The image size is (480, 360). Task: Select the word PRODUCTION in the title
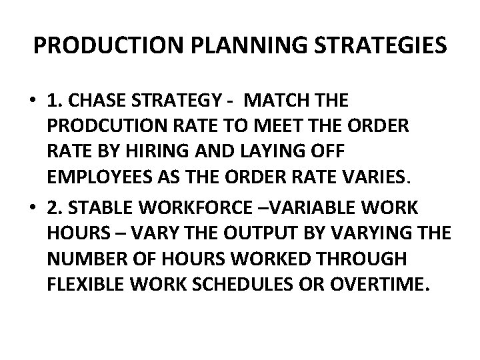tap(95, 47)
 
